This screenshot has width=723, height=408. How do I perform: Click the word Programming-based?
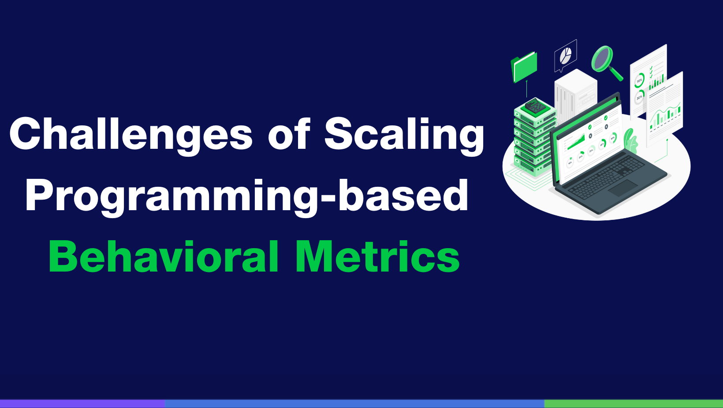point(247,196)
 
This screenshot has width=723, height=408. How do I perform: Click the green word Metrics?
point(377,257)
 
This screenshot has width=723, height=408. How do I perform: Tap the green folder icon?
point(525,67)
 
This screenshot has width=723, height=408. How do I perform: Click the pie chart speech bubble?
point(565,56)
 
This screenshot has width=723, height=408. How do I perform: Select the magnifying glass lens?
point(602,58)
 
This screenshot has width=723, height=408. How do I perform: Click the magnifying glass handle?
point(617,74)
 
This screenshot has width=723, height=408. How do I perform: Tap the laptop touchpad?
point(622,188)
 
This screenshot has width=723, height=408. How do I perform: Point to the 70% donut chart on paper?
point(639,81)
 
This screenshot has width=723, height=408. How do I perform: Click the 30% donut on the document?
point(639,97)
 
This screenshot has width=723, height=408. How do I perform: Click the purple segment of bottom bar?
point(82,404)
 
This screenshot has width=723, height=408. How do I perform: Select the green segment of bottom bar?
point(633,404)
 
